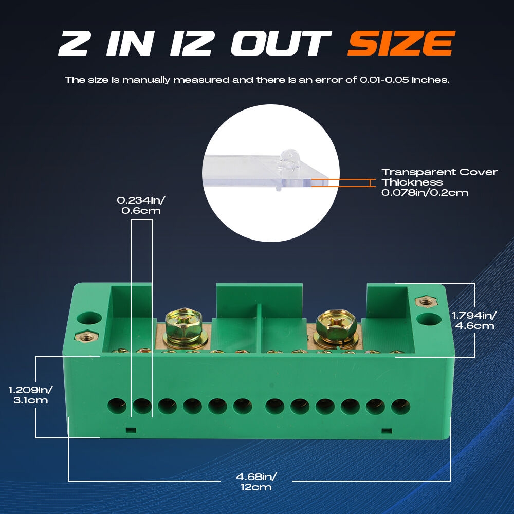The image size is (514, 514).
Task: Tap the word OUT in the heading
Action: coord(281,43)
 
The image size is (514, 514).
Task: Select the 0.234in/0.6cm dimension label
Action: coord(141,205)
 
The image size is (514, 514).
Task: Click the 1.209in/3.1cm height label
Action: coord(30,395)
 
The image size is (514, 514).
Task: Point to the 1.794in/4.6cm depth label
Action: coord(474,320)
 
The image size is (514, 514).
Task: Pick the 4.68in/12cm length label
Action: coord(256,482)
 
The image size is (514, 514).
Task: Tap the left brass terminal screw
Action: coord(184,325)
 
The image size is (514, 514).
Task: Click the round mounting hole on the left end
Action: coord(89,319)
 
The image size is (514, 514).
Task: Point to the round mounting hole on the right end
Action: coord(429,319)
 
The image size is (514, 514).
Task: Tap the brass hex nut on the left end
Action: coord(86,336)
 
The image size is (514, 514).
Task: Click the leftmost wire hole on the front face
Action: coord(117,406)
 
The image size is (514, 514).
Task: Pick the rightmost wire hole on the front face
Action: coord(400,407)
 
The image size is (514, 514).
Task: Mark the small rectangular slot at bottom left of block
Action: coord(131,430)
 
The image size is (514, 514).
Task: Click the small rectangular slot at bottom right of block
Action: coord(387,430)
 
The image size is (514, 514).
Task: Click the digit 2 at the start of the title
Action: coord(74,43)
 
